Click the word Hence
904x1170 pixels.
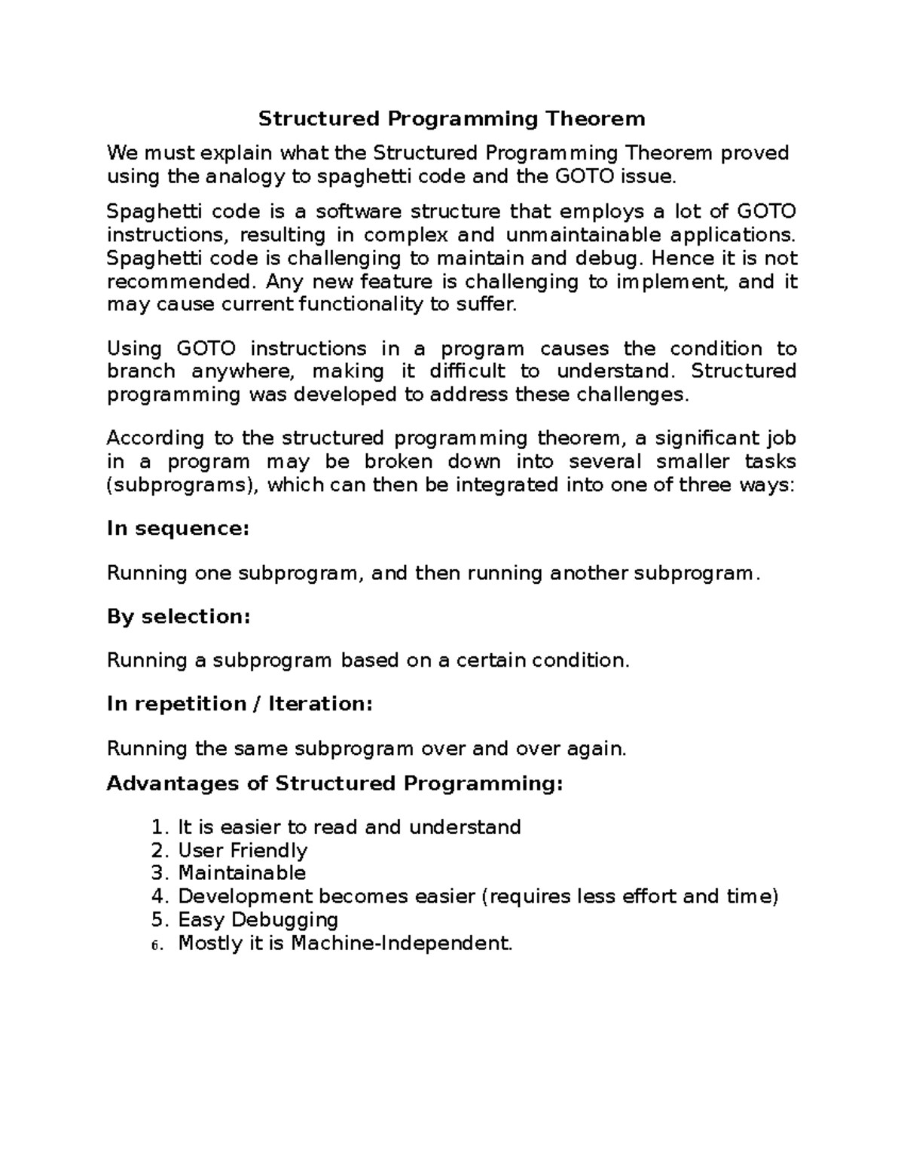point(680,258)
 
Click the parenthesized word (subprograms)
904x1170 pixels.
point(183,484)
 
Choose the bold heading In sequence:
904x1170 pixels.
point(177,529)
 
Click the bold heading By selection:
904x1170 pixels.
point(178,617)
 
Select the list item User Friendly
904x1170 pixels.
point(243,851)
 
